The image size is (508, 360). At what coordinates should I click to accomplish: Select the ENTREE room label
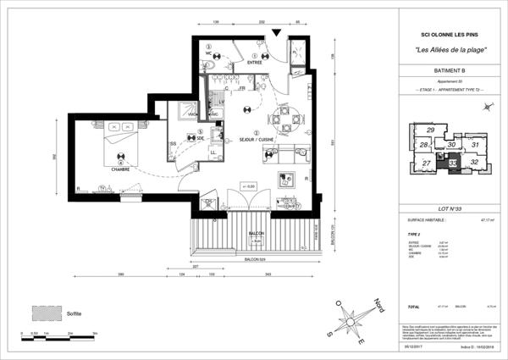click(254, 62)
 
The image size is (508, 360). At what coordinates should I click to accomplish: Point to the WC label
click(208, 54)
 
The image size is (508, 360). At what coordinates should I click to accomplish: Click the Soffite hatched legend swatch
click(44, 313)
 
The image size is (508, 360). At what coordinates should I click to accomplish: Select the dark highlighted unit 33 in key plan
click(453, 163)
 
